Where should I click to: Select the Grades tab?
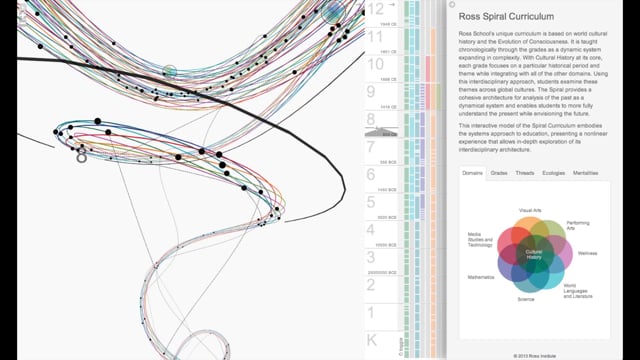499,173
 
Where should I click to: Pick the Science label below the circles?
526,299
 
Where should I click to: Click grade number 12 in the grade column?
375,9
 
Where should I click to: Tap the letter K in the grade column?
372,341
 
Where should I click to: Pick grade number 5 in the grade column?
372,204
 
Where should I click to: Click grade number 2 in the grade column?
372,286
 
